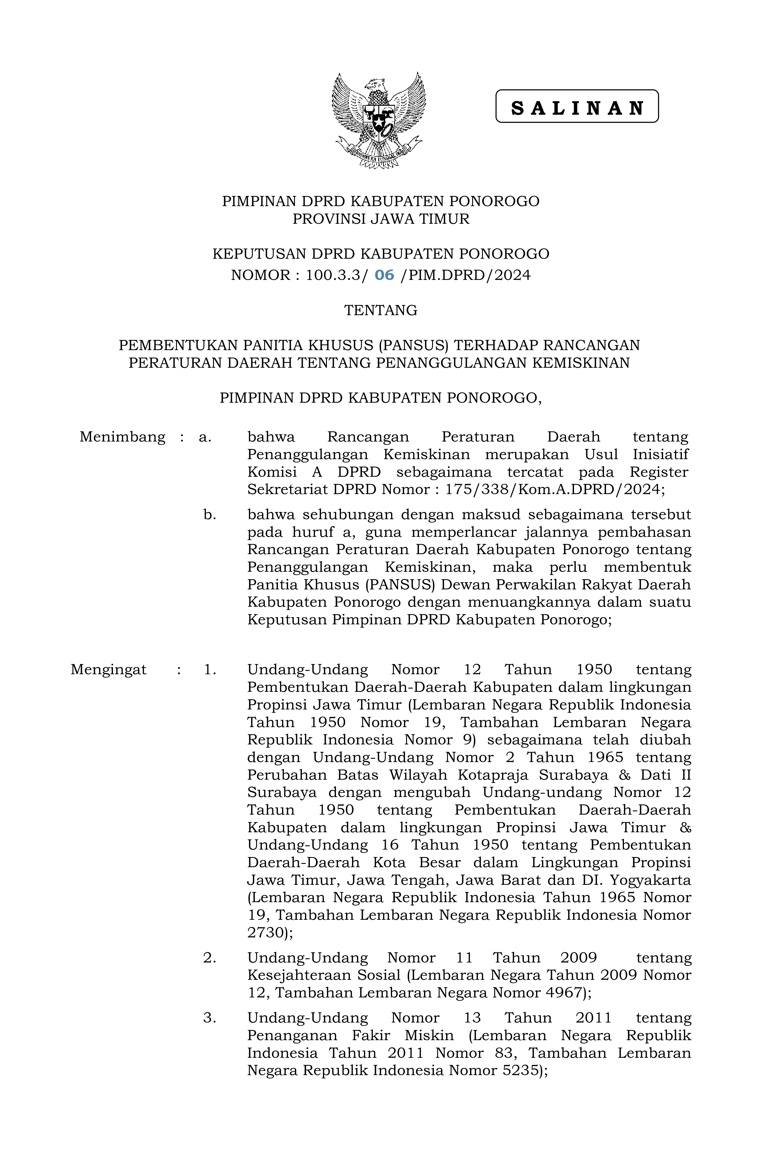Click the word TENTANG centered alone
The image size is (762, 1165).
point(380,310)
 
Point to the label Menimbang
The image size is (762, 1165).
point(123,437)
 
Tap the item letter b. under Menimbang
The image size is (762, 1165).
point(209,514)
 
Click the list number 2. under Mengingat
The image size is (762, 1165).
point(209,957)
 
